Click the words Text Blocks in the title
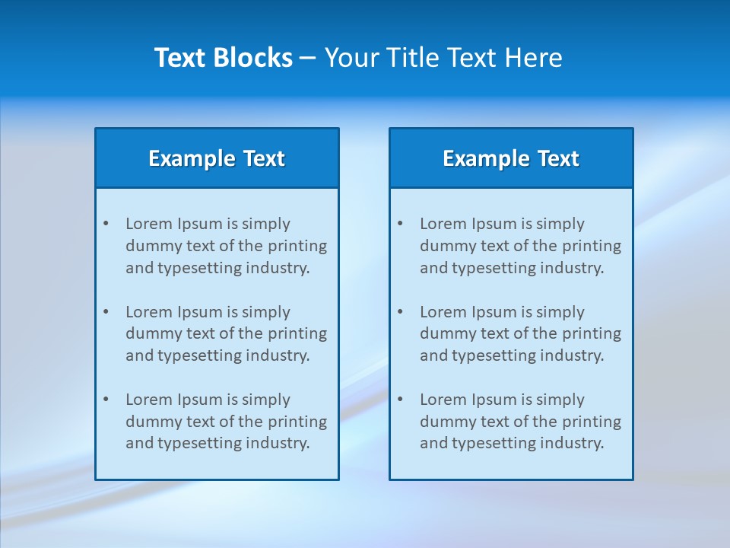point(223,58)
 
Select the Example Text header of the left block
point(217,158)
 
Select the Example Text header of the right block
point(511,158)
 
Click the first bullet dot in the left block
point(106,224)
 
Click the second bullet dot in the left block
point(106,312)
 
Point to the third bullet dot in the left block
point(106,400)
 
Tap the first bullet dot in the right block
point(400,224)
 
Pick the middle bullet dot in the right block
point(400,312)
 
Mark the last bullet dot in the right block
point(400,400)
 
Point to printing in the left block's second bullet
point(297,333)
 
